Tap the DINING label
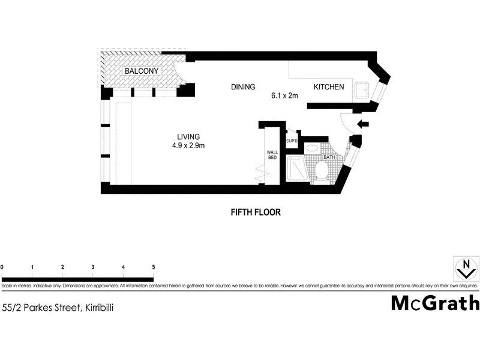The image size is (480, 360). tap(243, 87)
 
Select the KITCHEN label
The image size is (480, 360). tap(329, 87)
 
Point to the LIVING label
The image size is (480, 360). tap(188, 136)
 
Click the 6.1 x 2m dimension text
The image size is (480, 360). tap(284, 95)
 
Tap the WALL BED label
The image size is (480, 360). tap(272, 156)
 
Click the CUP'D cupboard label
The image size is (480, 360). tap(292, 142)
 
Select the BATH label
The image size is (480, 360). tap(329, 157)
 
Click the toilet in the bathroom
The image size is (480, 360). tap(320, 171)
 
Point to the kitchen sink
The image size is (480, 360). tap(362, 91)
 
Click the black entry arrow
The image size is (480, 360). tap(363, 125)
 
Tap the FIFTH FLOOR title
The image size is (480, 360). tap(256, 212)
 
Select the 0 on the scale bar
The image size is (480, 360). tap(2, 267)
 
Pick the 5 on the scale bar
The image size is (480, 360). tap(154, 267)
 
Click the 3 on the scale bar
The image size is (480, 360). tap(93, 267)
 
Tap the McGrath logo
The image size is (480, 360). tap(435, 303)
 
